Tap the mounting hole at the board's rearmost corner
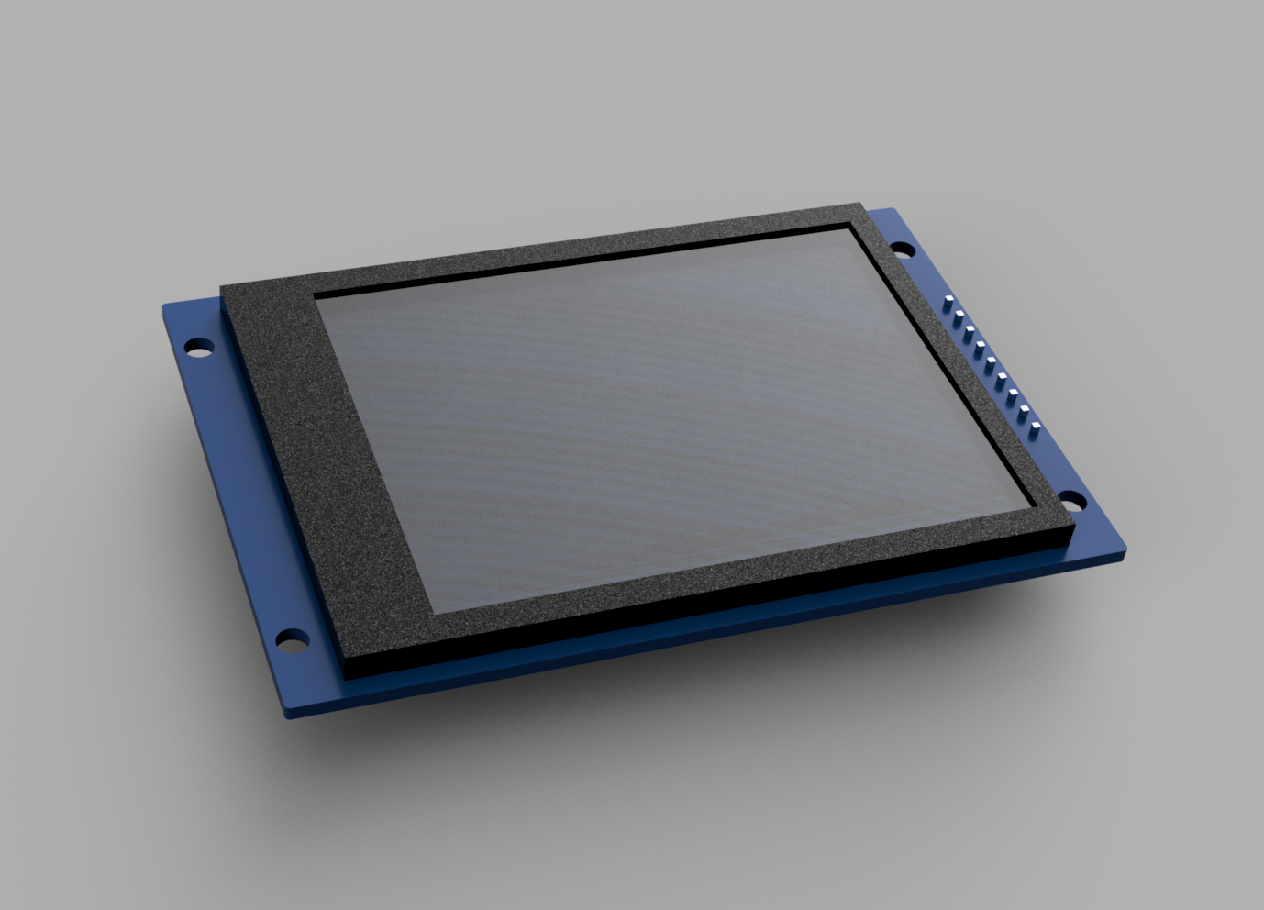coord(903,249)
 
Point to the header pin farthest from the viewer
coord(948,300)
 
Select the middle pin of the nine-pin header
coord(990,361)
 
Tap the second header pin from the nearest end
coord(1024,410)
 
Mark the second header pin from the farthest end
coord(959,315)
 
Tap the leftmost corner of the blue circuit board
coord(163,305)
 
